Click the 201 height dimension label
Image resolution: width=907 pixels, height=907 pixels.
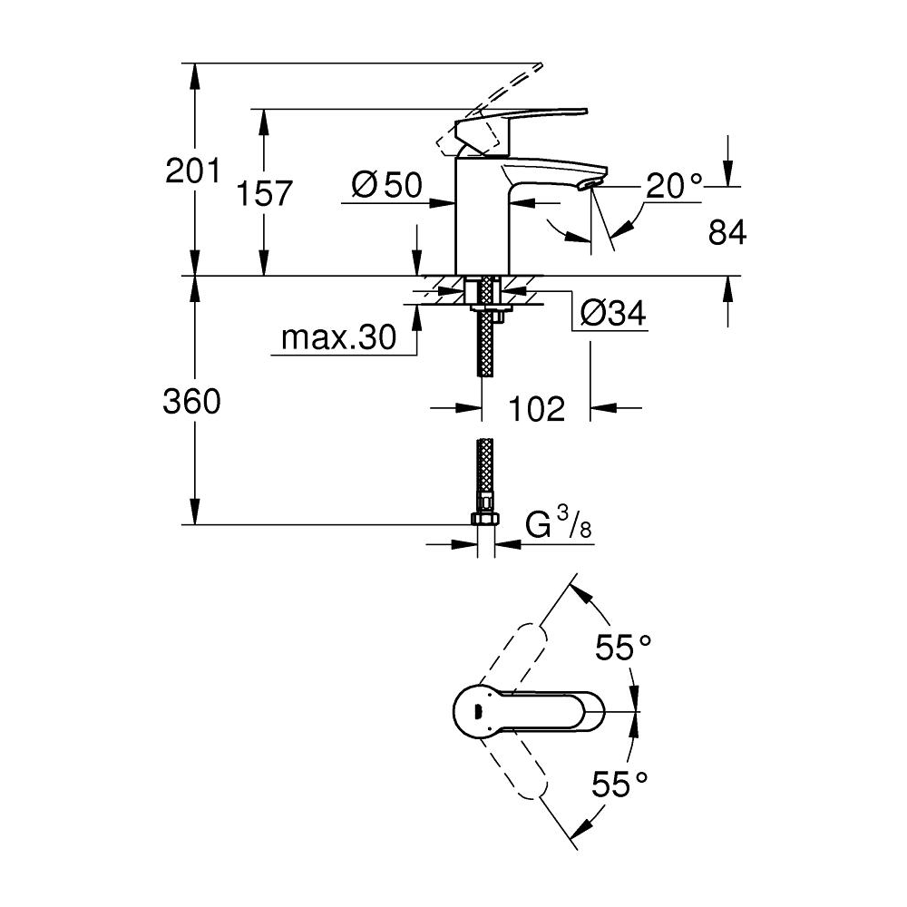(193, 171)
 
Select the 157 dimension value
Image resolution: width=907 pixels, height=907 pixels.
(264, 192)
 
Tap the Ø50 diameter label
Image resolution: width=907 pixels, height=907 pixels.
(386, 186)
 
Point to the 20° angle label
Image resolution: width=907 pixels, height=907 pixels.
(674, 186)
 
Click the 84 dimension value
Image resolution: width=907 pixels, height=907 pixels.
(727, 233)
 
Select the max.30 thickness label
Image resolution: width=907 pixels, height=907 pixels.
(338, 337)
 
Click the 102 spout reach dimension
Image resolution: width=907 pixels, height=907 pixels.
(535, 408)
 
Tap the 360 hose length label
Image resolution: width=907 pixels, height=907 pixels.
(191, 401)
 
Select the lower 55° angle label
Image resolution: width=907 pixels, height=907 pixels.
(621, 783)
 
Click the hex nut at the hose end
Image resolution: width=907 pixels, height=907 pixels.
(486, 520)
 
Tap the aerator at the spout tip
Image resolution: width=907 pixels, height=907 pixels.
(588, 185)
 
